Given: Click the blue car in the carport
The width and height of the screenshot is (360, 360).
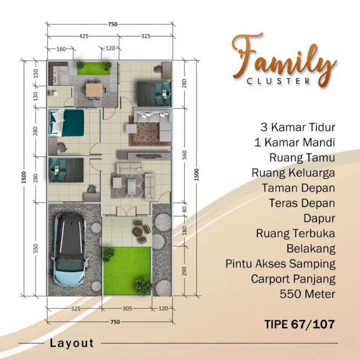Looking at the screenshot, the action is click(x=70, y=249).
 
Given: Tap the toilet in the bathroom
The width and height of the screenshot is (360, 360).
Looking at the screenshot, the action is click(x=53, y=93).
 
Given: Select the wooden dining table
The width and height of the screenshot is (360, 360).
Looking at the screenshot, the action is click(x=94, y=90).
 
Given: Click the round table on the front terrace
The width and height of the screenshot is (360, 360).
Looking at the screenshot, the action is click(x=137, y=231).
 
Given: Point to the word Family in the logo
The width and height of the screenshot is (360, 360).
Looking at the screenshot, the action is click(x=285, y=60).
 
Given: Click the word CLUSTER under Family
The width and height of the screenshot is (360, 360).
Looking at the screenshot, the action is click(x=278, y=81).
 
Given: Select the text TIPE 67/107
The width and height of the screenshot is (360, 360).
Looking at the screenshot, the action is click(x=300, y=324).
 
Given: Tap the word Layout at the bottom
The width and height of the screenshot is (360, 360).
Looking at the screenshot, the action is click(x=72, y=343).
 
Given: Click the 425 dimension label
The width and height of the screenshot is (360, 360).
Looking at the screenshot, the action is click(x=84, y=36).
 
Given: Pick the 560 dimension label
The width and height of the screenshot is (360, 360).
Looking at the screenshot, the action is click(x=185, y=155).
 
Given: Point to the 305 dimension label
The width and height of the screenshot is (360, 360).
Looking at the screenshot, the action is click(x=127, y=309).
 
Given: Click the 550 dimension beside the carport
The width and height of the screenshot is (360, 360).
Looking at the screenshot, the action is click(x=35, y=248).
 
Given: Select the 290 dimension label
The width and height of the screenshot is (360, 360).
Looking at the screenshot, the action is click(x=185, y=271).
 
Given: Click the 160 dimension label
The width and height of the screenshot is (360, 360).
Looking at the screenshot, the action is click(x=61, y=49).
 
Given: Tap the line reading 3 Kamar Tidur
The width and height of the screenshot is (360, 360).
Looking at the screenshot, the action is click(x=298, y=127).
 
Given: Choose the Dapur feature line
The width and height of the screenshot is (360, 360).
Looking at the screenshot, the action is click(x=319, y=218).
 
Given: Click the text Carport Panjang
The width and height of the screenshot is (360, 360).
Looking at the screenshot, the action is click(x=293, y=279).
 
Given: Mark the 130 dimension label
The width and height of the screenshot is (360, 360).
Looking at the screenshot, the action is click(x=35, y=97).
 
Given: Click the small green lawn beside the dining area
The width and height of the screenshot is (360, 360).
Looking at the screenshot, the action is click(x=94, y=68).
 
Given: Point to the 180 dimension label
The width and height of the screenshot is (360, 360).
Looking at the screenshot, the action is click(x=185, y=230).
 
